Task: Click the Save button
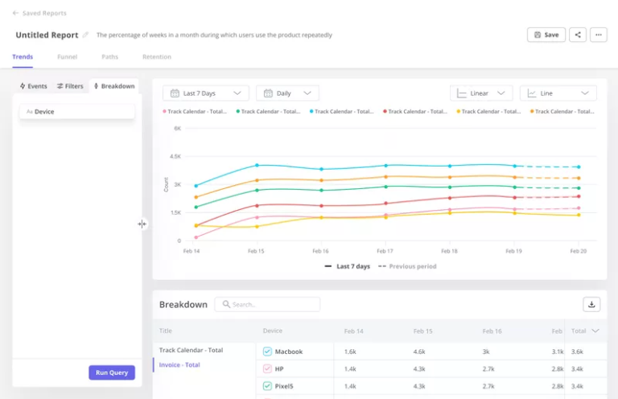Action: point(546,35)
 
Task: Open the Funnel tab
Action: point(68,57)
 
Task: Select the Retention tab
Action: point(156,57)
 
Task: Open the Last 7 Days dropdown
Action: point(205,93)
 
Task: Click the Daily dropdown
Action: point(287,93)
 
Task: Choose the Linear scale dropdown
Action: point(481,93)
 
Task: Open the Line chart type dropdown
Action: point(558,93)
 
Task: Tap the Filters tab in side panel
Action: point(70,86)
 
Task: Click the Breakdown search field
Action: point(267,304)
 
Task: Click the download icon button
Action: point(591,304)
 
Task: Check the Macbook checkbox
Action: point(268,352)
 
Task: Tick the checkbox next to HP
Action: point(268,368)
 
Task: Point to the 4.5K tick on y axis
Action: point(176,156)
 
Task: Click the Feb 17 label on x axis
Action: point(385,251)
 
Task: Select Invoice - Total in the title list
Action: point(179,364)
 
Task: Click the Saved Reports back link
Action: point(39,14)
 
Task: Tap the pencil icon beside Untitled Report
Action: point(86,35)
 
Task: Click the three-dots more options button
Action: point(598,35)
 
